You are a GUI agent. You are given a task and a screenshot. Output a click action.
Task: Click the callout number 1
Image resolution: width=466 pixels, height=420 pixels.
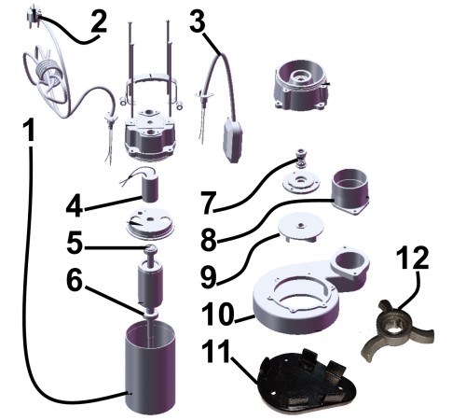click(29, 131)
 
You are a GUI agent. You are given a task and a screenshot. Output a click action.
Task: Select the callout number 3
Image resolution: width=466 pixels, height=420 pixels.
click(198, 21)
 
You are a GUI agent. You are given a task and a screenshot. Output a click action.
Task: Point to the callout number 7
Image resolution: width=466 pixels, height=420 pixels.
click(209, 202)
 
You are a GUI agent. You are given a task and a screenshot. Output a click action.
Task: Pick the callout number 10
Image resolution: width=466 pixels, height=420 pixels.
click(217, 314)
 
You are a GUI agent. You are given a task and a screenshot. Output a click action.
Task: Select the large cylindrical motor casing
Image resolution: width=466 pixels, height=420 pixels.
click(150, 367)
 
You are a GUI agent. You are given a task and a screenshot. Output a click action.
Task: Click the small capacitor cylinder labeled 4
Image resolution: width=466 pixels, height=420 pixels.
click(150, 189)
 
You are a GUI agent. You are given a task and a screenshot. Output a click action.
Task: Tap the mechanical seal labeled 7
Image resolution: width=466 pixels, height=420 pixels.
click(300, 158)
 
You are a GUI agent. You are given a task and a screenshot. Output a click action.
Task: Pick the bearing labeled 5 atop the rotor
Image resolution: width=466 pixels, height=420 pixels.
click(150, 248)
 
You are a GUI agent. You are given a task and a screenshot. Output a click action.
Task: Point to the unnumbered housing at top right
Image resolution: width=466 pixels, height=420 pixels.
click(301, 86)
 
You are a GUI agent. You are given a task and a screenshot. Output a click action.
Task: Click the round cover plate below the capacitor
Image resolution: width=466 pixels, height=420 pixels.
click(150, 223)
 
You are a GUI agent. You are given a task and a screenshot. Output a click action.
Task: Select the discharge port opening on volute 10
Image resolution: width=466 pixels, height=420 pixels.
click(349, 260)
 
